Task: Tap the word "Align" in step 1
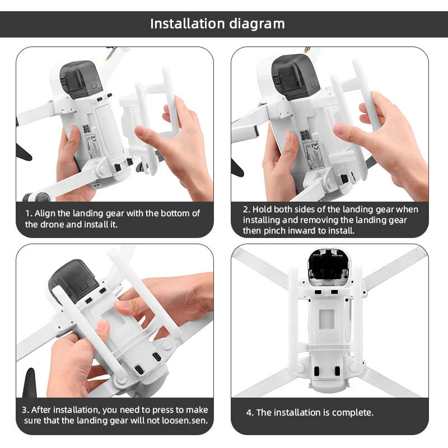[45, 213]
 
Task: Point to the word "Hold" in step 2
[262, 209]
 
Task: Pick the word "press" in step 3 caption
[164, 410]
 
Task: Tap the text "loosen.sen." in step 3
[185, 421]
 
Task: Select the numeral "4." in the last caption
[250, 413]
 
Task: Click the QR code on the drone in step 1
[87, 129]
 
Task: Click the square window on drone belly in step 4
[326, 319]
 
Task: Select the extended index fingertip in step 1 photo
[141, 132]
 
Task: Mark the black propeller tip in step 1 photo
[24, 153]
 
